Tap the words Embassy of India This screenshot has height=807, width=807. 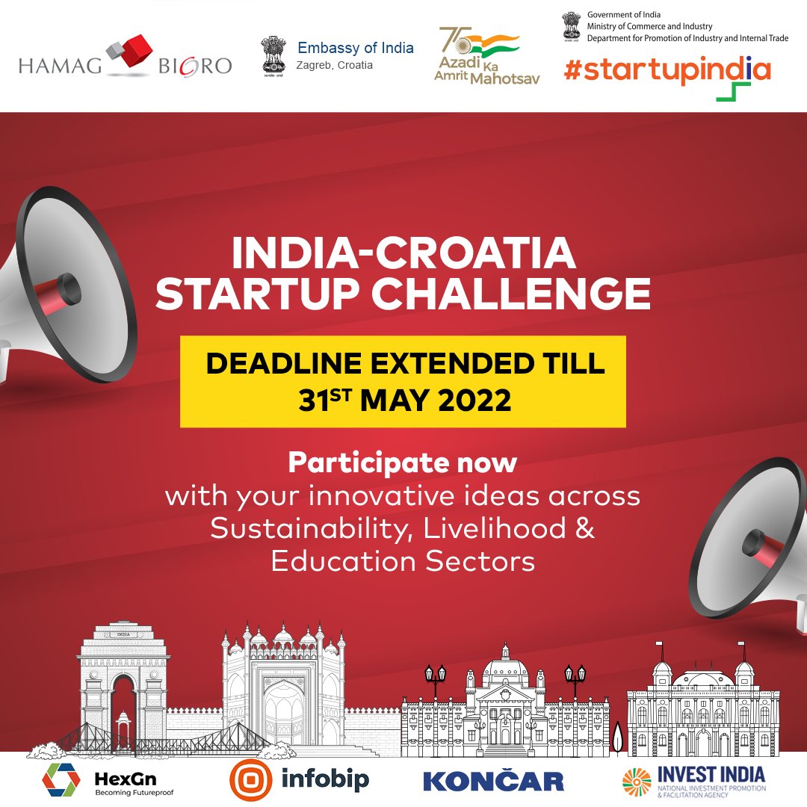pyautogui.click(x=355, y=48)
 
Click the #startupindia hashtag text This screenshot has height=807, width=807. pyautogui.click(x=667, y=69)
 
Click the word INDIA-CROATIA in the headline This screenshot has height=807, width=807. pyautogui.click(x=403, y=254)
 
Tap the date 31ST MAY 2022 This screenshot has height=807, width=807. pyautogui.click(x=404, y=401)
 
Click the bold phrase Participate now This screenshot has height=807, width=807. pyautogui.click(x=403, y=463)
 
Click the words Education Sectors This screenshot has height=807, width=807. pyautogui.click(x=403, y=561)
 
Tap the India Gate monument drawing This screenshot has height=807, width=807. pyautogui.click(x=123, y=684)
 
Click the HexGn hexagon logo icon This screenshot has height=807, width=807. pyautogui.click(x=61, y=780)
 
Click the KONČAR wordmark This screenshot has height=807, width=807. pyautogui.click(x=493, y=781)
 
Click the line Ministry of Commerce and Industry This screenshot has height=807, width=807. pyautogui.click(x=649, y=26)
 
